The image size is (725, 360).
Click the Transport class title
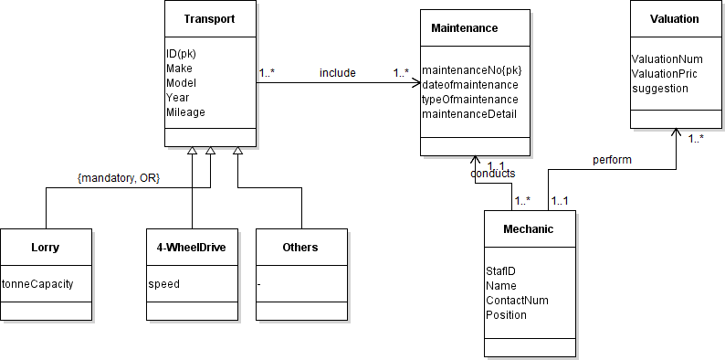[209, 19]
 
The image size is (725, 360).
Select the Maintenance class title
[464, 28]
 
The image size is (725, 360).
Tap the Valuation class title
[675, 19]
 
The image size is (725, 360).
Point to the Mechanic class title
[530, 229]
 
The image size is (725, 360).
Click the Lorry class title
[46, 247]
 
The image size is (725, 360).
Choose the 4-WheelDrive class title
[192, 247]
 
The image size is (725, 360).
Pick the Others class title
[300, 247]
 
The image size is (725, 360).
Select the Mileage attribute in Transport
[185, 112]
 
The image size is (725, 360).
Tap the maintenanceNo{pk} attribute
[471, 70]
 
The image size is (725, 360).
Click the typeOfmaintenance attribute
[470, 99]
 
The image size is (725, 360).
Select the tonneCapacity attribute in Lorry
[37, 283]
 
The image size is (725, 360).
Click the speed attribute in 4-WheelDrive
[164, 283]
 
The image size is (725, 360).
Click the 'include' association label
[337, 72]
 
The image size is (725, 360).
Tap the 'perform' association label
[612, 159]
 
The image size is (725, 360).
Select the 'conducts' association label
[492, 173]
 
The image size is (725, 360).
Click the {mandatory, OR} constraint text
[118, 177]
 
